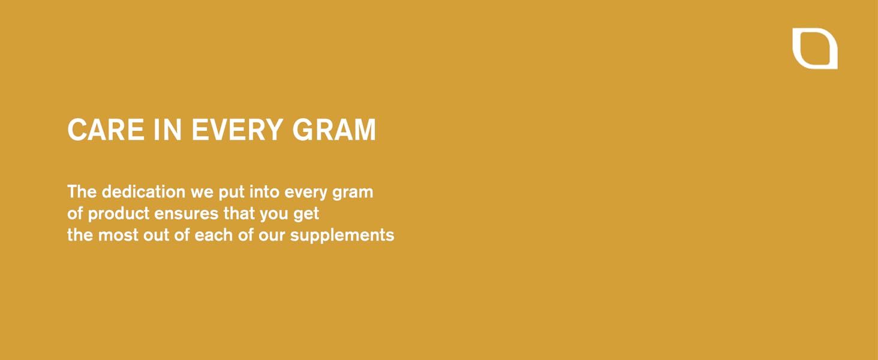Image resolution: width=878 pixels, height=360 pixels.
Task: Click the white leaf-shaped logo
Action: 814,49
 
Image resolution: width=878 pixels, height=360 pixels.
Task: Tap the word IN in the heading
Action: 168,130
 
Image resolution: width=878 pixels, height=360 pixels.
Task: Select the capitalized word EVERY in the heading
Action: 237,130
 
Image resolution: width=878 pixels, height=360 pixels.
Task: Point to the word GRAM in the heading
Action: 334,130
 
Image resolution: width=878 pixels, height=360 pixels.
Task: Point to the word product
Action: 118,214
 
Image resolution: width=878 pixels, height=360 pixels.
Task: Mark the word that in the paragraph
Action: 242,213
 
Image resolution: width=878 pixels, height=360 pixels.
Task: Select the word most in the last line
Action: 118,235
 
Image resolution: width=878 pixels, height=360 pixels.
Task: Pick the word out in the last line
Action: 156,235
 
